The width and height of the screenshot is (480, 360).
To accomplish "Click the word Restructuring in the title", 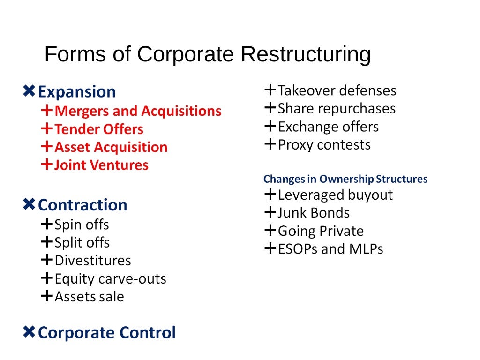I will coord(305,55).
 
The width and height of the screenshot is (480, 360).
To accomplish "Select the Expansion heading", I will coord(76,91).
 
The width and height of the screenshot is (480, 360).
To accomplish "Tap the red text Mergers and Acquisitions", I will coord(138,111).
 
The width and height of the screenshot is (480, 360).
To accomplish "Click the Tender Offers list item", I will coord(99,129).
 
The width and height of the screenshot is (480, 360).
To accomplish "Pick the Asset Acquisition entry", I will coord(111,147).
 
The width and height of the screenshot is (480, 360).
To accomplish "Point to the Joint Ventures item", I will coord(101,165).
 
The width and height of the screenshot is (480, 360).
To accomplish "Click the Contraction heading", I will coord(82,205).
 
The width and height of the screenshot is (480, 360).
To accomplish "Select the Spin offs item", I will coord(82,225).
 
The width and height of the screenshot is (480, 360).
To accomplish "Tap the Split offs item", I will coord(82,242).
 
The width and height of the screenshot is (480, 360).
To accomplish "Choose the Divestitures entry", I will coord(93,260).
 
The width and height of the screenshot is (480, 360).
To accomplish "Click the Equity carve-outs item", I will coord(110,279).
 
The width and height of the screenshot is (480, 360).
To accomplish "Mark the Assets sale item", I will coord(89,297).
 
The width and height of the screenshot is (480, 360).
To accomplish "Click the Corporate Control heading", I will coord(106,332).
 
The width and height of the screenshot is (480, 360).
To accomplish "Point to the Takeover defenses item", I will coord(337,90).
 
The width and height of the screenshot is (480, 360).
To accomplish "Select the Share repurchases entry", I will coord(337,108).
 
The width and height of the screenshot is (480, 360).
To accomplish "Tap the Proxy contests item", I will coord(324,144).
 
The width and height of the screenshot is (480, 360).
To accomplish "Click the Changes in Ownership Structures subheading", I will coord(345,179).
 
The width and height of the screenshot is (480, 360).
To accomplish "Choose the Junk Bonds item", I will coord(313,213).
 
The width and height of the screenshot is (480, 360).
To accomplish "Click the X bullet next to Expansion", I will coord(29,91).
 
